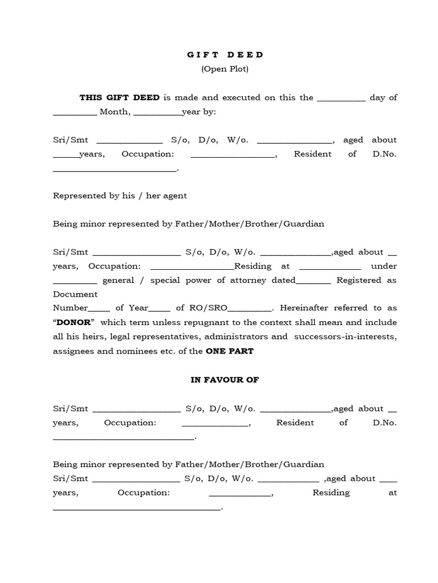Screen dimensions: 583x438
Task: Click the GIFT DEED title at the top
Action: [x=225, y=55]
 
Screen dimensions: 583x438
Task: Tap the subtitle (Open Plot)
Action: [x=225, y=69]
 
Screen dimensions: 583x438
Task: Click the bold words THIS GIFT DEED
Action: [x=120, y=97]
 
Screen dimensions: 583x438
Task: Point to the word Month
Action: [x=115, y=112]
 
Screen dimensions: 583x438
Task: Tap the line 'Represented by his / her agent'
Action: [x=120, y=195]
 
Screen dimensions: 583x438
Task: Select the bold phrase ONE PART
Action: [x=229, y=351]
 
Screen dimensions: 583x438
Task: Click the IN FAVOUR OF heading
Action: [x=225, y=380]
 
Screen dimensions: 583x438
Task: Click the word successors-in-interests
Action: [x=346, y=336]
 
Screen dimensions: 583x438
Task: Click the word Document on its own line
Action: [x=75, y=294]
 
